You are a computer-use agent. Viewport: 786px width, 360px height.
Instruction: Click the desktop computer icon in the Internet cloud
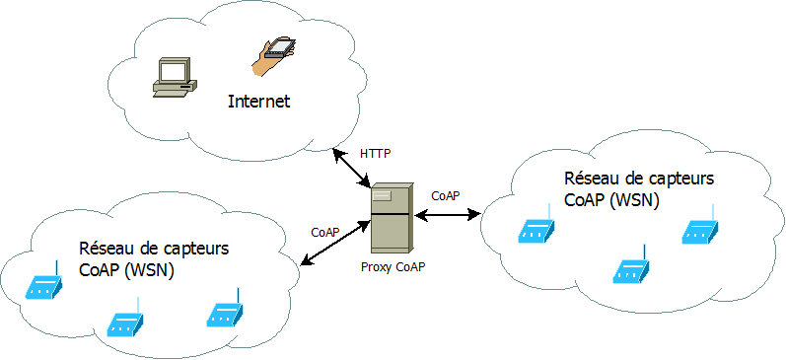[x=175, y=80]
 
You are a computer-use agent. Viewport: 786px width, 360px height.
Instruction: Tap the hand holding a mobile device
[x=273, y=55]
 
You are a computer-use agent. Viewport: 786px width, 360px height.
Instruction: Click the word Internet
[x=259, y=102]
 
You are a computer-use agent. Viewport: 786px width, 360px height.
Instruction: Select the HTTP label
[x=375, y=154]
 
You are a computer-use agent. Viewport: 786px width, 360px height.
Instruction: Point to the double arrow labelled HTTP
[x=352, y=168]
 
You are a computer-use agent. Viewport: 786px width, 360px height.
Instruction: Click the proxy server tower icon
[x=393, y=217]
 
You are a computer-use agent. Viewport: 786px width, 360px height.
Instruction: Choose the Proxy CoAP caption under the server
[x=393, y=266]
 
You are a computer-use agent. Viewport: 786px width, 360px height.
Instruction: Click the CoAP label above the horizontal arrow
[x=446, y=195]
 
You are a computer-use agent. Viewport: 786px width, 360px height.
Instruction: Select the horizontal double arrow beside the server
[x=448, y=215]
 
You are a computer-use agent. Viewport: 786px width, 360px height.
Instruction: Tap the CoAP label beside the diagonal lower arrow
[x=325, y=232]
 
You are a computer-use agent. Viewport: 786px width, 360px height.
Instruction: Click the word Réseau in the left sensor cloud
[x=107, y=249]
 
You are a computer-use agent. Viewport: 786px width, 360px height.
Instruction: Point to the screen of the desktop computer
[x=172, y=72]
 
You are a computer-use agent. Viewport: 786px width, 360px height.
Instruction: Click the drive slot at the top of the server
[x=382, y=195]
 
